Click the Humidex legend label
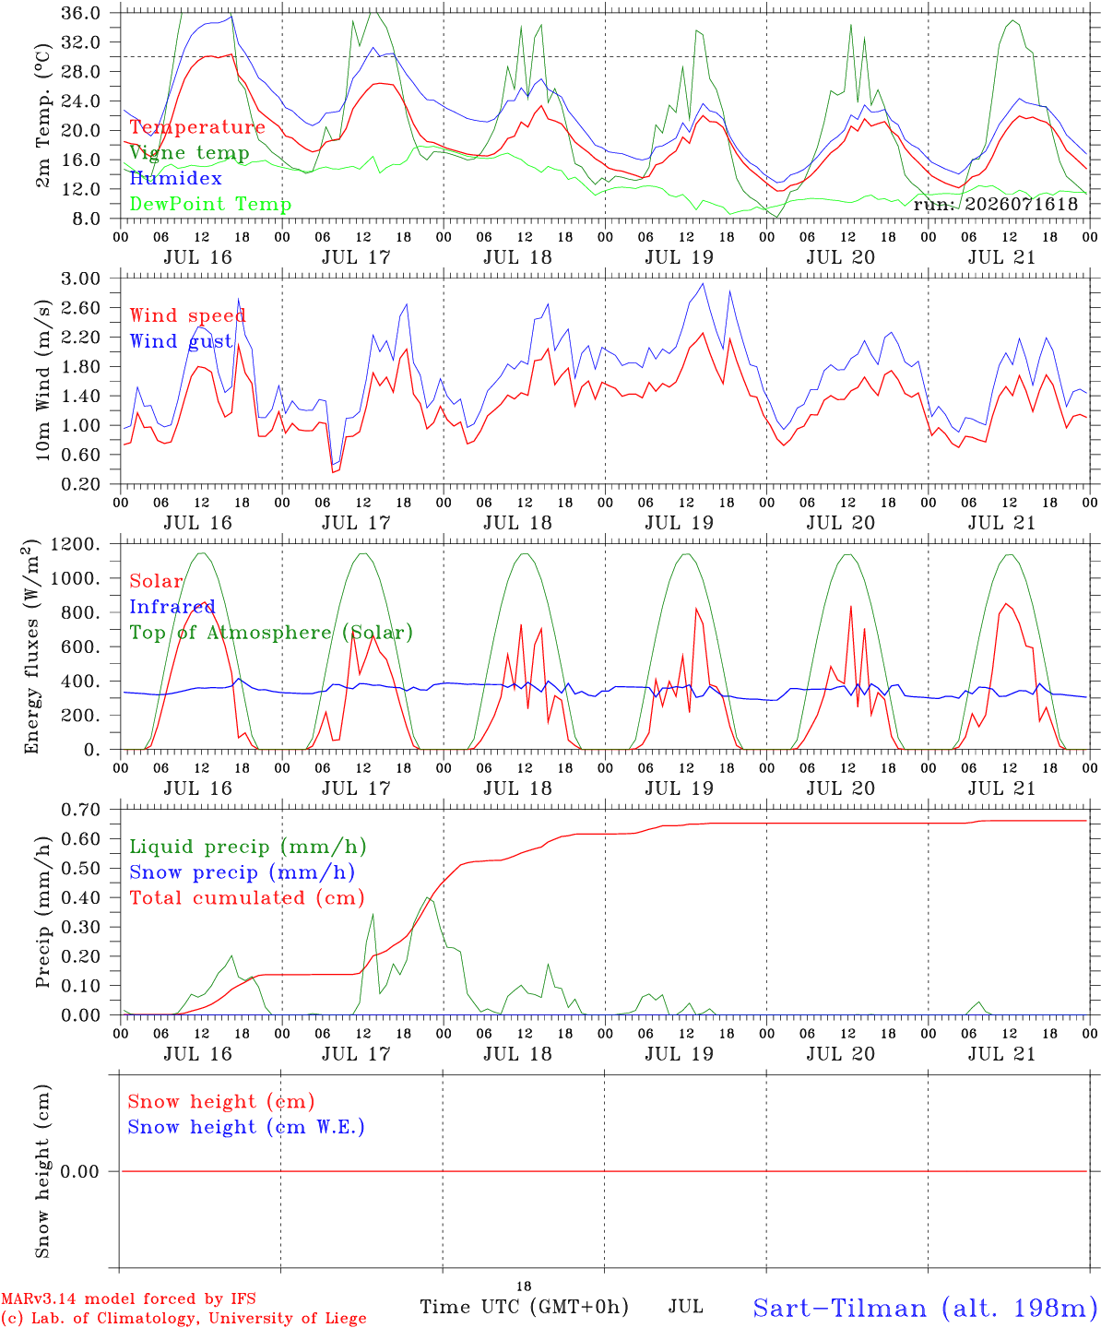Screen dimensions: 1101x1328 pyautogui.click(x=175, y=178)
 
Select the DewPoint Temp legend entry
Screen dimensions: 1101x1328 pyautogui.click(x=210, y=204)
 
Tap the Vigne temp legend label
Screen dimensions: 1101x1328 pyautogui.click(x=190, y=153)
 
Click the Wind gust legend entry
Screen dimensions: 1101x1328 pyautogui.click(x=182, y=341)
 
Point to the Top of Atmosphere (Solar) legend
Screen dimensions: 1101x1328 pyautogui.click(x=272, y=633)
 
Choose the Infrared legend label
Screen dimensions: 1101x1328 pyautogui.click(x=172, y=607)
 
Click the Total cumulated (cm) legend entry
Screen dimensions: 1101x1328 pyautogui.click(x=247, y=897)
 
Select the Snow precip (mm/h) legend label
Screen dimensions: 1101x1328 pyautogui.click(x=242, y=872)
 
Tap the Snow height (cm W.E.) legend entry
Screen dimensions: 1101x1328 pyautogui.click(x=246, y=1126)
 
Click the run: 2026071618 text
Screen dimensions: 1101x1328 pyautogui.click(x=996, y=204)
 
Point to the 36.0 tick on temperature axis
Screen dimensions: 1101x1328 pyautogui.click(x=81, y=13)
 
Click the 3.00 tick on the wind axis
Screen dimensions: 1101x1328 pyautogui.click(x=81, y=279)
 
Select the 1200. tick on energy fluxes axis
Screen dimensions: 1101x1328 pyautogui.click(x=76, y=544)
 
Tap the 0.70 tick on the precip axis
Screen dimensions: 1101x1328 pyautogui.click(x=81, y=810)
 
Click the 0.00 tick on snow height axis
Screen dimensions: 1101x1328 pyautogui.click(x=79, y=1171)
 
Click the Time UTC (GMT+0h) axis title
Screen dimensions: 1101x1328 pyautogui.click(x=524, y=1307)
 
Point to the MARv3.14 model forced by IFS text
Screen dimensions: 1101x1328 pyautogui.click(x=128, y=1298)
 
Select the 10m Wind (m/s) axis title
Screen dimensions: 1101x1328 pyautogui.click(x=42, y=380)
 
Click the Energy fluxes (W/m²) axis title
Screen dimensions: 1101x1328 pyautogui.click(x=31, y=646)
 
